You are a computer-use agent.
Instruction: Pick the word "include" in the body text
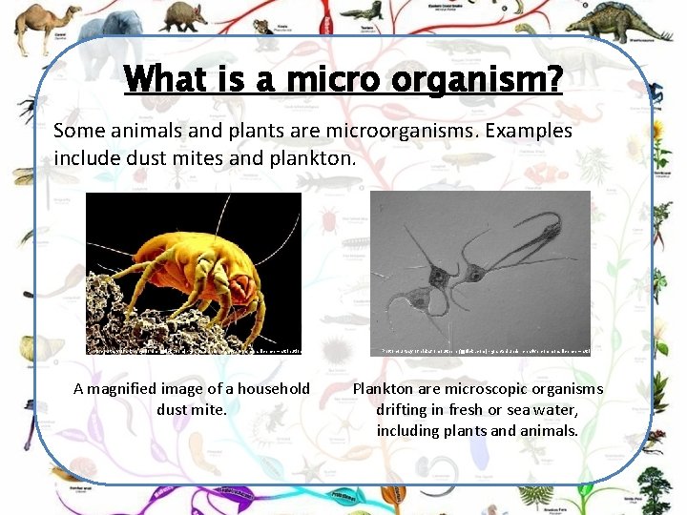(86, 156)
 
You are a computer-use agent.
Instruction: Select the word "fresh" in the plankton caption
(472, 409)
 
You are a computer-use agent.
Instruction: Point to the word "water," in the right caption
(554, 409)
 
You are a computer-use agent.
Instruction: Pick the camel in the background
(42, 23)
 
